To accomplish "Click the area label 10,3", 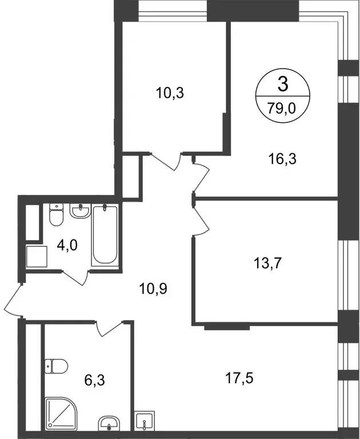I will pos(169,93).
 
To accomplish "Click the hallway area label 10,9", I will pos(149,289).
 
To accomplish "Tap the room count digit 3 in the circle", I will pos(282,85).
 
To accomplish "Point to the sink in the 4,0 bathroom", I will pos(80,211).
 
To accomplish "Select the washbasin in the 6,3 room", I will pos(108,424).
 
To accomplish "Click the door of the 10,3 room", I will pos(168,161).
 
